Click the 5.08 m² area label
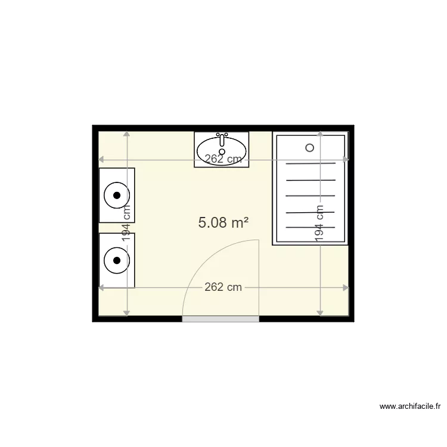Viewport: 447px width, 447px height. tap(223, 223)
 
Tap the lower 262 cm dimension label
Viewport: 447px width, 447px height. tap(223, 287)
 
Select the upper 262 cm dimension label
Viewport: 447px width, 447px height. tap(223, 159)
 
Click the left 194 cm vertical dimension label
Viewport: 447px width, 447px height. tap(126, 223)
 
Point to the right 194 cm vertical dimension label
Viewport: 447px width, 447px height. tap(320, 223)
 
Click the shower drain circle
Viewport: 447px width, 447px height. tap(309, 147)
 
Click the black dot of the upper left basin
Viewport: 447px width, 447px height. tap(117, 195)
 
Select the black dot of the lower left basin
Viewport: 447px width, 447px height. tap(117, 260)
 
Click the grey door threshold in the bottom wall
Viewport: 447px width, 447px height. tap(221, 319)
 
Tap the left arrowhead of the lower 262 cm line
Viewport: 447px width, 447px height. tap(101, 287)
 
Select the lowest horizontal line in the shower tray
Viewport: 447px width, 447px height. tap(310, 227)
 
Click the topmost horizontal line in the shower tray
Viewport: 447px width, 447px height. tap(310, 163)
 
